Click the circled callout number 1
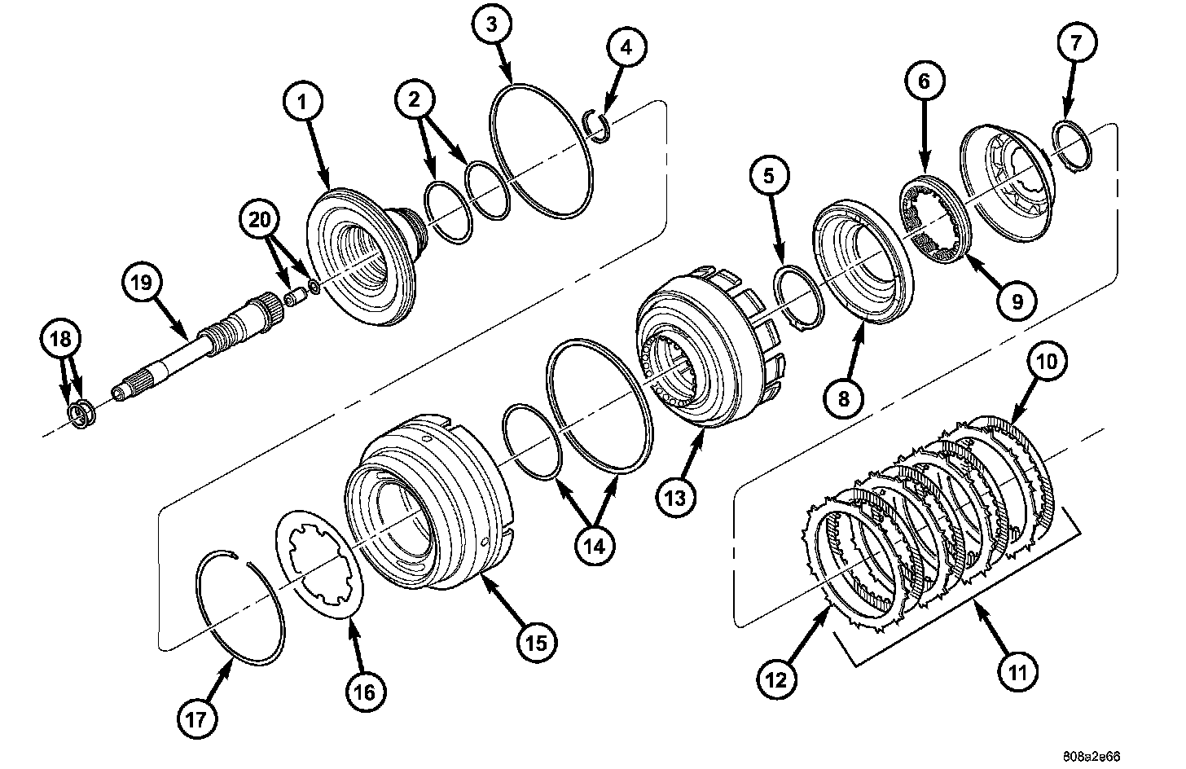point(303,103)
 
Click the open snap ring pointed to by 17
point(242,603)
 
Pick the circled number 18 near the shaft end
point(64,340)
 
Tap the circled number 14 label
point(594,547)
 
